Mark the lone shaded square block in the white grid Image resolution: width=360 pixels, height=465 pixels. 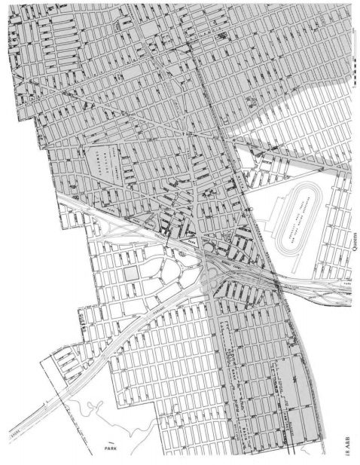133,272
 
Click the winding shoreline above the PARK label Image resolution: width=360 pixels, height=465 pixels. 90,407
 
